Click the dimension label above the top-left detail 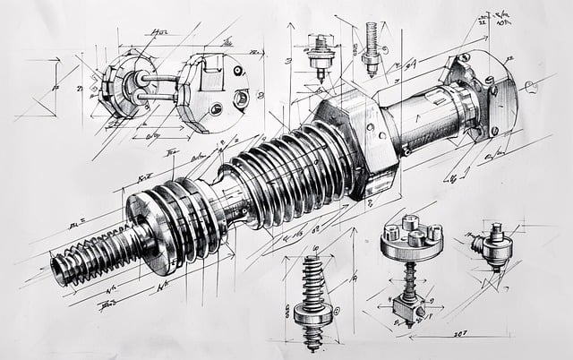point(162,33)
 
